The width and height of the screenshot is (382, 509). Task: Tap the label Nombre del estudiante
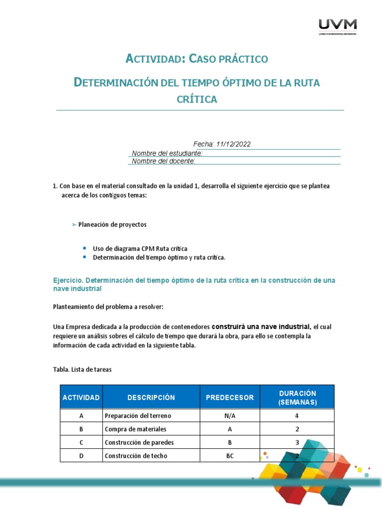[x=167, y=153]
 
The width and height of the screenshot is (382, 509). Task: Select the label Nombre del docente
[x=163, y=161]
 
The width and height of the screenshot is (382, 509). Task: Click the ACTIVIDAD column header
[x=81, y=397]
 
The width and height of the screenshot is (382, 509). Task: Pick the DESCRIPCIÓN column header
[x=151, y=397]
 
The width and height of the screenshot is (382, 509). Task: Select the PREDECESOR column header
[x=230, y=397]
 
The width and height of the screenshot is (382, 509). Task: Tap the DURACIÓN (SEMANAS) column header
[x=297, y=397]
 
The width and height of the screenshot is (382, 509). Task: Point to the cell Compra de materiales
[x=135, y=429]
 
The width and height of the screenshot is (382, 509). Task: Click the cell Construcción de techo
[x=136, y=456]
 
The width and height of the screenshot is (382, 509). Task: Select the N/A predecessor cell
[x=230, y=416]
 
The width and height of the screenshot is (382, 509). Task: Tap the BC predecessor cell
[x=230, y=456]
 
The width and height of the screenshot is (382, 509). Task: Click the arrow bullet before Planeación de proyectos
[x=74, y=225]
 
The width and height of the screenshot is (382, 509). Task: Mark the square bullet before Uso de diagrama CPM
[x=85, y=248]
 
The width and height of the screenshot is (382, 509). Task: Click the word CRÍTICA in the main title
[x=197, y=99]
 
